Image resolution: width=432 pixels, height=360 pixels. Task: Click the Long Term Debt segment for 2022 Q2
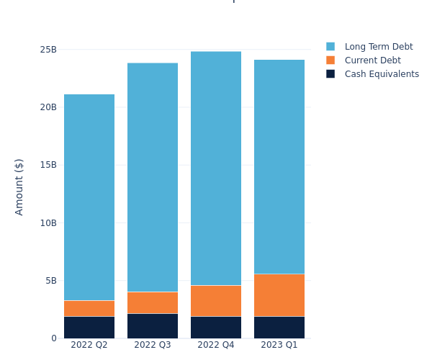[89, 197]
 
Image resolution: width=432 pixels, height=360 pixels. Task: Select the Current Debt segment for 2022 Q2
[89, 308]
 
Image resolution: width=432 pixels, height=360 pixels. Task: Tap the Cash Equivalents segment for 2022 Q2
[89, 327]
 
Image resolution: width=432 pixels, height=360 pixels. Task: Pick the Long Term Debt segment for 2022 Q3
[153, 177]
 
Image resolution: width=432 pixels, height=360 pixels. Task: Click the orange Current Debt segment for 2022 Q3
[153, 302]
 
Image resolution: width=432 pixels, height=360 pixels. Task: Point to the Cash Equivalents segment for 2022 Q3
[153, 325]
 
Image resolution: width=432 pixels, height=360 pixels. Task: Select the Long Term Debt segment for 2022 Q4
[216, 168]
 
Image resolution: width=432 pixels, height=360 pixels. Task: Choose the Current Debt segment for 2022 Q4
[216, 301]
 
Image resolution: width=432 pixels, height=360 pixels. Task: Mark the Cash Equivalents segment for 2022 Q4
[216, 327]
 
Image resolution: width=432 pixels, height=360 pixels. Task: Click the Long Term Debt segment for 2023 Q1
[279, 166]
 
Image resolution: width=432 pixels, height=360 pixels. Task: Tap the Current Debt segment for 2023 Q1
[279, 295]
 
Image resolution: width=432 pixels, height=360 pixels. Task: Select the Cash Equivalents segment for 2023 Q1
[279, 327]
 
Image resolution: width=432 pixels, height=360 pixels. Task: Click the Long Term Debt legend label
[379, 47]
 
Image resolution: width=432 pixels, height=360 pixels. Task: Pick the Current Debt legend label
[372, 60]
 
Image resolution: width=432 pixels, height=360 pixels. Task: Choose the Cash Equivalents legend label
[382, 74]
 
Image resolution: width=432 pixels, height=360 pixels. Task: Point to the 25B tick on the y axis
[48, 50]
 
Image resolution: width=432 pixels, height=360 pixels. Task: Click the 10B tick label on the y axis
[48, 222]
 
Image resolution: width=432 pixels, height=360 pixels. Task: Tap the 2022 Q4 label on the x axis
[216, 345]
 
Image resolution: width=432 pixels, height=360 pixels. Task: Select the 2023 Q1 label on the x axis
[279, 345]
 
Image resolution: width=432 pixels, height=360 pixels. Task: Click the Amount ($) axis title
[19, 186]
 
